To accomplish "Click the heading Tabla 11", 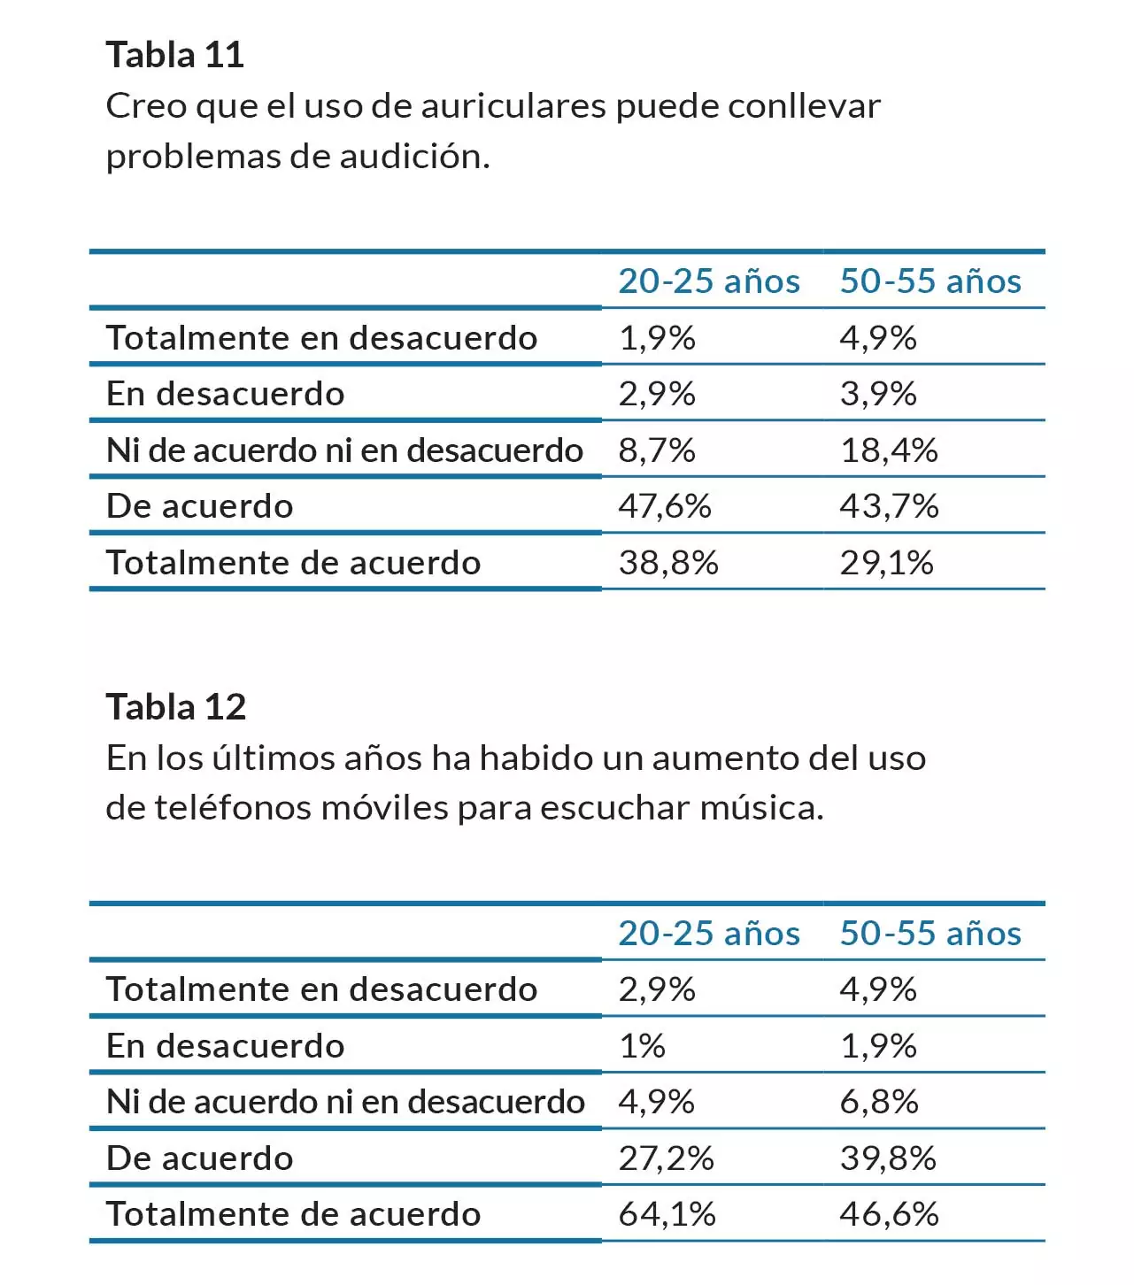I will point(175,55).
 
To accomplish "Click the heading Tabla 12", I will point(176,707).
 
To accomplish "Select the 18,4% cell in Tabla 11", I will point(889,450).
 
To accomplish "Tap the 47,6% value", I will point(665,506).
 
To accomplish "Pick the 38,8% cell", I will point(668,563).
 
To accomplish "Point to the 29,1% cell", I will point(887,563).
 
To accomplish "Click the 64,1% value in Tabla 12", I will point(667,1214).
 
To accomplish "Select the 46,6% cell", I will point(889,1214).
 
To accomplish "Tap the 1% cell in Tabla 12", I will point(642,1046).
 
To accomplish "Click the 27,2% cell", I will point(666,1158).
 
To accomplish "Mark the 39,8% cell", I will point(888,1158).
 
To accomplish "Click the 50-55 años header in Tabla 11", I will point(930,281).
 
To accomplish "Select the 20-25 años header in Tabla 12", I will point(709,934).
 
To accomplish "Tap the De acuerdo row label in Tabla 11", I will point(199,506).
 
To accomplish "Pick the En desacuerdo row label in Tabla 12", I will point(225,1046).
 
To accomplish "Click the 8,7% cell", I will point(657,450).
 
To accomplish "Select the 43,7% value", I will point(889,506).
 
